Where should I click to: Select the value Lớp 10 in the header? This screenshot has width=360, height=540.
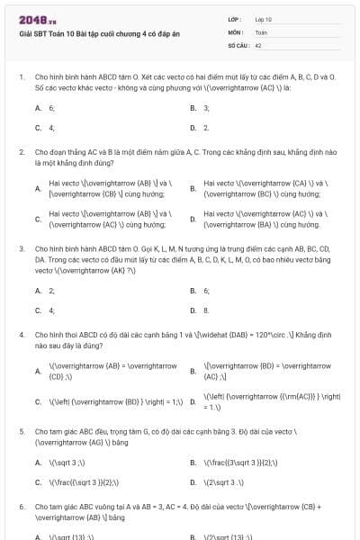[x=264, y=19]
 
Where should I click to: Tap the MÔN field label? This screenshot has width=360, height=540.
[x=235, y=31]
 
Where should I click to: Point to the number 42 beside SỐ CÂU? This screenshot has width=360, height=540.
[x=258, y=43]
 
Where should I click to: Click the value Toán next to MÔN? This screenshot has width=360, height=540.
[x=261, y=31]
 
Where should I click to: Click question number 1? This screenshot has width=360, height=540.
[x=22, y=77]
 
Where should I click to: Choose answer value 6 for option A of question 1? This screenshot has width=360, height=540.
[x=51, y=108]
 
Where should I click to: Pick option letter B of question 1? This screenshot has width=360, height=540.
[x=193, y=108]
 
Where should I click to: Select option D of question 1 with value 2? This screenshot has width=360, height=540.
[x=206, y=128]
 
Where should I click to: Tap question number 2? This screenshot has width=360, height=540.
[x=22, y=153]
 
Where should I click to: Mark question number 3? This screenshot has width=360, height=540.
[x=22, y=247]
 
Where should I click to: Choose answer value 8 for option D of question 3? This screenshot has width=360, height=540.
[x=206, y=310]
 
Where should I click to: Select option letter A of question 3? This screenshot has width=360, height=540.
[x=38, y=291]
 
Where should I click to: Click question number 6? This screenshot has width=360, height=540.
[x=22, y=508]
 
